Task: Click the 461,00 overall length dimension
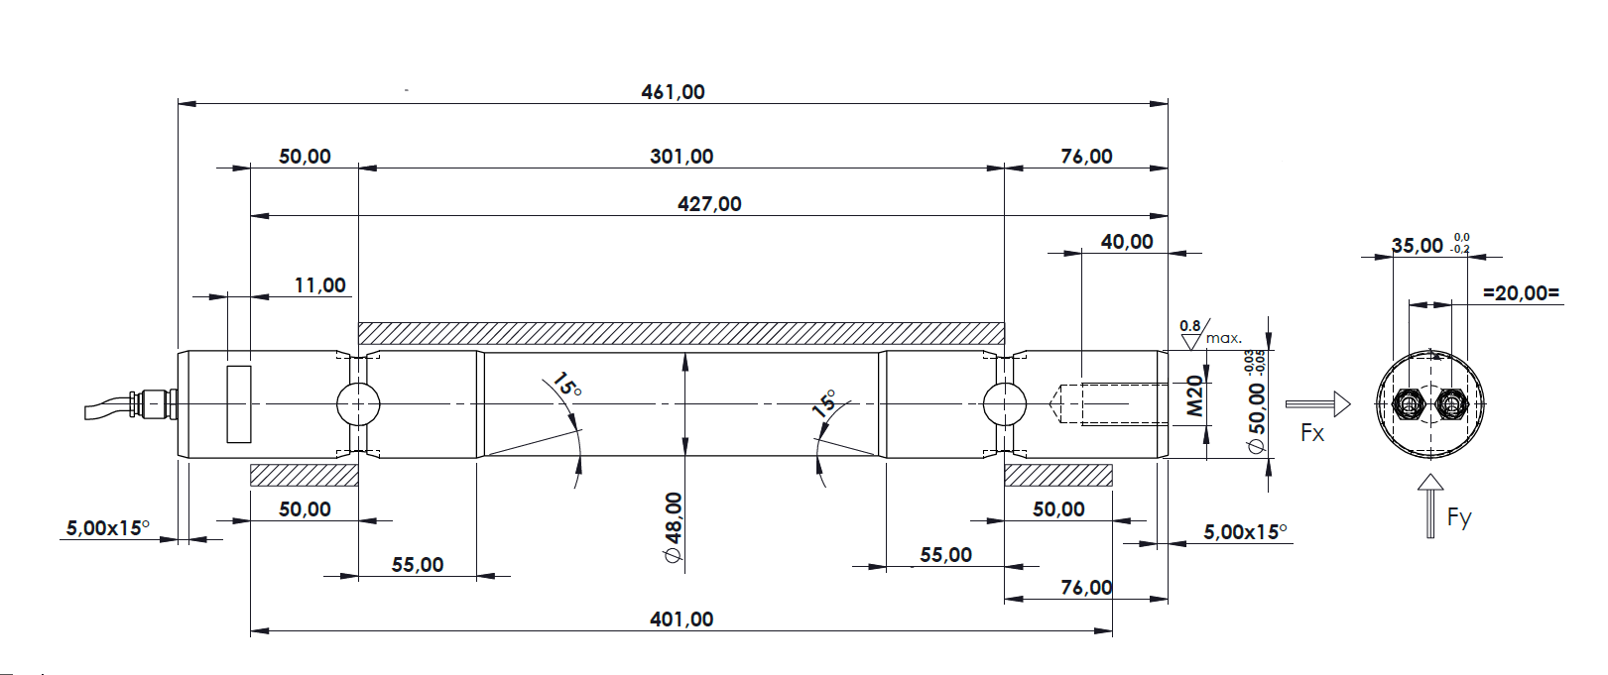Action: (x=673, y=92)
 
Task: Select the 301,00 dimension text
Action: (x=681, y=157)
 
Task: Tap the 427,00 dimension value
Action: (x=709, y=204)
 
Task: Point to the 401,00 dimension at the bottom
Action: (x=681, y=619)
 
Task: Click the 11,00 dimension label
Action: (x=319, y=285)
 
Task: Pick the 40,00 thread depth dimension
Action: (x=1126, y=242)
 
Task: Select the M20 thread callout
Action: (x=1193, y=395)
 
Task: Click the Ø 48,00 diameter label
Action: (x=674, y=527)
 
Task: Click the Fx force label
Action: (x=1312, y=433)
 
